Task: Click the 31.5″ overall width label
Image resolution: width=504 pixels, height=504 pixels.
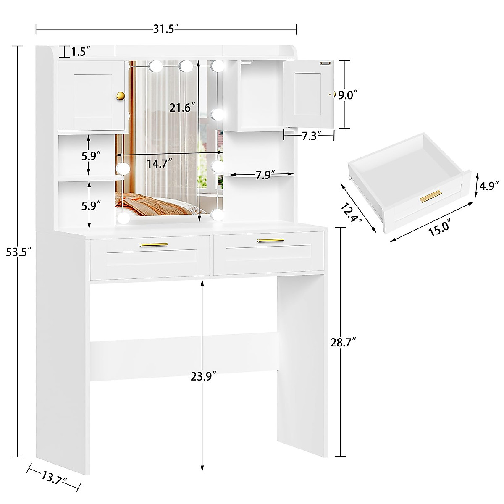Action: (x=165, y=29)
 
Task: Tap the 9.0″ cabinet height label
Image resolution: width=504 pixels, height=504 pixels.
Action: (x=349, y=95)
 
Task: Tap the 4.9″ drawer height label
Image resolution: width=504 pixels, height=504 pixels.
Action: (x=490, y=185)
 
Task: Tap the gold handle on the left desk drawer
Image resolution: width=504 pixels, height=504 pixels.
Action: (x=153, y=244)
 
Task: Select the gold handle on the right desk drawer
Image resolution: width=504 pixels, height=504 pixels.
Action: (x=270, y=240)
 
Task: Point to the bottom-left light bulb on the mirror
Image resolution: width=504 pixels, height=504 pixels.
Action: (x=123, y=217)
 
